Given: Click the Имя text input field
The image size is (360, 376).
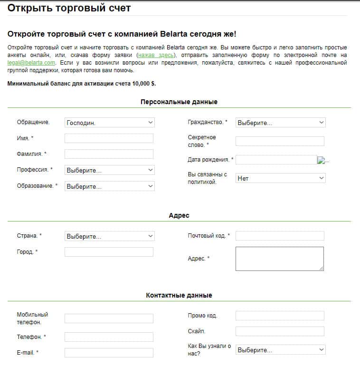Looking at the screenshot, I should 109,138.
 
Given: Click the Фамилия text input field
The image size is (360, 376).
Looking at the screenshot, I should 109,154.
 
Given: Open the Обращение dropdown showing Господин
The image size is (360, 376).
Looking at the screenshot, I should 109,123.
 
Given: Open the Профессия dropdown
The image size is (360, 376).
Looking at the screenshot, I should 109,170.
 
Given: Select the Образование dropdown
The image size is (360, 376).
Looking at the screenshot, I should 109,186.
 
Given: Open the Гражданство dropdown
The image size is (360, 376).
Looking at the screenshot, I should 280,123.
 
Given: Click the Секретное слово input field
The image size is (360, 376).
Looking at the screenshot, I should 280,141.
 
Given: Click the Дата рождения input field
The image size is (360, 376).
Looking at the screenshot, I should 276,160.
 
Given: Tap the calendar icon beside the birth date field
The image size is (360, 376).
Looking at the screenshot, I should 321,160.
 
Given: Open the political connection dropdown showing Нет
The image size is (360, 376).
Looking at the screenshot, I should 280,178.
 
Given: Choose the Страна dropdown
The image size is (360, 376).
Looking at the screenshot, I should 109,236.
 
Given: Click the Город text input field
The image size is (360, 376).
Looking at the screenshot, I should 109,252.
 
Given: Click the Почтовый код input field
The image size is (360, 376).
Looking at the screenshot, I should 280,236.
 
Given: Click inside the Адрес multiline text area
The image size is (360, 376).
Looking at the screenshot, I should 279,259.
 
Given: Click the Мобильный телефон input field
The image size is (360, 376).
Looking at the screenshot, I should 109,318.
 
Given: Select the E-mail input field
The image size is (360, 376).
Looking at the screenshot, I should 109,353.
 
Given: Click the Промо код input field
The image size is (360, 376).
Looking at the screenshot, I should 280,316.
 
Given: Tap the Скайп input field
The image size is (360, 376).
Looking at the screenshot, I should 280,331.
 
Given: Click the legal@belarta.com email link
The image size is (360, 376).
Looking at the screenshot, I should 32,63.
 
